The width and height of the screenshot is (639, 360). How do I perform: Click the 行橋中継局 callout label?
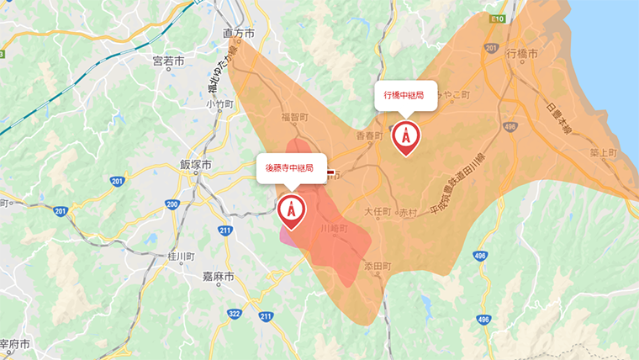(404, 96)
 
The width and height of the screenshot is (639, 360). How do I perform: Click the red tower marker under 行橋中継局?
(405, 137)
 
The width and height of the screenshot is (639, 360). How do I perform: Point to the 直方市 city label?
(239, 33)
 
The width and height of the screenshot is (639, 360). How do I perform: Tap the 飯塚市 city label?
(195, 164)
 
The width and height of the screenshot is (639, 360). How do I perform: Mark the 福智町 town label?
(295, 118)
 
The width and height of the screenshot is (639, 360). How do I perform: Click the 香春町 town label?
(368, 135)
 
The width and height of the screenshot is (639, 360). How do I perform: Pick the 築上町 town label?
(603, 153)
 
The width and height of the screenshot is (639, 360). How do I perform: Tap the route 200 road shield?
(172, 204)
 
